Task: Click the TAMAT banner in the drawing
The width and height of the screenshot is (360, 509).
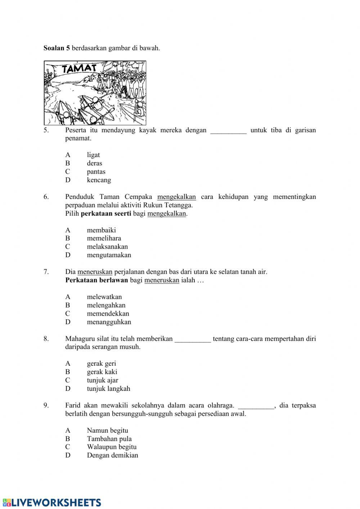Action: coord(79,68)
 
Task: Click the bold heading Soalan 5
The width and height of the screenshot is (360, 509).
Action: coord(57,48)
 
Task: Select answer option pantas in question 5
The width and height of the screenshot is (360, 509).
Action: coord(96,172)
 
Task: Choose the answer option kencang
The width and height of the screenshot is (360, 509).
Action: coord(99,180)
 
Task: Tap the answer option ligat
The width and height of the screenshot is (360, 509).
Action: coord(93,155)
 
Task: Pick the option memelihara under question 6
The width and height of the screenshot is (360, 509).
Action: coord(104,238)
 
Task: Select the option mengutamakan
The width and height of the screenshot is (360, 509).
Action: coord(109,255)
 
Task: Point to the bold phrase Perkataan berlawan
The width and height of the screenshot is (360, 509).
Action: coord(96,280)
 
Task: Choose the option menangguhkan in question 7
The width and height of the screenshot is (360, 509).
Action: coord(109,322)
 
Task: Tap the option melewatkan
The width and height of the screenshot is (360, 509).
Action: coord(104,297)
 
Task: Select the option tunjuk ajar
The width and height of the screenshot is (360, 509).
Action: coord(102,380)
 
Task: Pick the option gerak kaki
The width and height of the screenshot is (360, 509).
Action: coord(102,372)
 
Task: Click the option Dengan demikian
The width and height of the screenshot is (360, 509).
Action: coord(112,455)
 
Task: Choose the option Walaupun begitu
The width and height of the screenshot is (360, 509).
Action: coord(112,447)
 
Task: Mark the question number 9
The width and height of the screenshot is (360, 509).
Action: coord(46,405)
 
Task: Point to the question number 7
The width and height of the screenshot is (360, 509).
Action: coord(46,272)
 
